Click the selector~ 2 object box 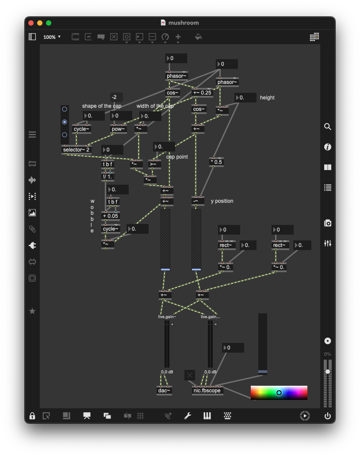point(76,150)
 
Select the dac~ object point(164,391)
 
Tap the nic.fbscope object point(207,391)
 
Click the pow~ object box point(118,129)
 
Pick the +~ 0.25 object point(202,93)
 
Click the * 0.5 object point(216,162)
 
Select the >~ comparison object point(154,164)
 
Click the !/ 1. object point(107,177)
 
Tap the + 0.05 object point(110,216)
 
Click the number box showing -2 point(116,97)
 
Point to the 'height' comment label point(267,98)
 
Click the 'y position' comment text point(222,201)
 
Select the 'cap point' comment point(177,157)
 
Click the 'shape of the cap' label point(102,106)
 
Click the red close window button point(31,23)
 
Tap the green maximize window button point(49,23)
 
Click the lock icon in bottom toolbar point(32,416)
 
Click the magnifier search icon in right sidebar point(328,127)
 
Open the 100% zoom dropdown point(52,37)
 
